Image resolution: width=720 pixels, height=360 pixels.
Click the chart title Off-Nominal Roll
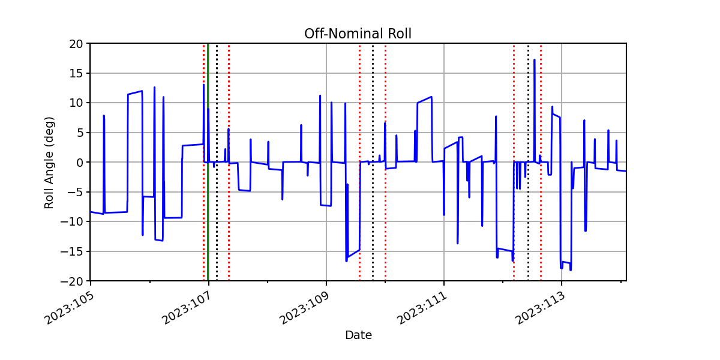(x=358, y=34)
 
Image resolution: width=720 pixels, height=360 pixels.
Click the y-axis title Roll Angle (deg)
(x=49, y=163)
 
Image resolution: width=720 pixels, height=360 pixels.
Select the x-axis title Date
(x=358, y=335)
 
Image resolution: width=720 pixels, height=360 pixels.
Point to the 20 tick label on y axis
(x=76, y=44)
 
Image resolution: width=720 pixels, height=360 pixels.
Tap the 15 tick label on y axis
(x=76, y=73)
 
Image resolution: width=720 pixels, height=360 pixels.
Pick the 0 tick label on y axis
(x=79, y=163)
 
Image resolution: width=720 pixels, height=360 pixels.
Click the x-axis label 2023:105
(x=70, y=308)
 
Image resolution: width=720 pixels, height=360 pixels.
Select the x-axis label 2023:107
(x=187, y=308)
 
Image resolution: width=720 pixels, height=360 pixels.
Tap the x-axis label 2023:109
(x=305, y=308)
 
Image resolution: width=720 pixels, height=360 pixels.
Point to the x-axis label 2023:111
(x=422, y=308)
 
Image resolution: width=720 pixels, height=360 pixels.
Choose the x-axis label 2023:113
(x=540, y=308)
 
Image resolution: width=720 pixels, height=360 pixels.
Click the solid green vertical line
(x=208, y=162)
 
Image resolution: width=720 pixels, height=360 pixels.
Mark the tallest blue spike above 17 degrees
(x=534, y=60)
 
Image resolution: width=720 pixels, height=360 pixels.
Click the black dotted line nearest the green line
(x=217, y=162)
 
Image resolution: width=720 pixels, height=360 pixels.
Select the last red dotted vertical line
(x=541, y=162)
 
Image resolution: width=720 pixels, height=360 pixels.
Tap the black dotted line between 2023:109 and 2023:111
(x=373, y=162)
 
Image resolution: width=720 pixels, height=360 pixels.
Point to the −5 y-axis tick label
(x=76, y=192)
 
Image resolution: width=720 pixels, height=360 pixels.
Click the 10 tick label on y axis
(x=76, y=103)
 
